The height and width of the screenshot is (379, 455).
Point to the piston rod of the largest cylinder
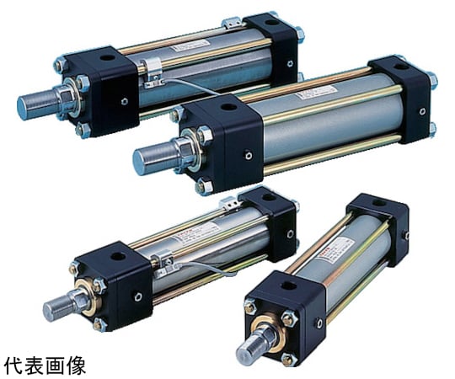(152, 157)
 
